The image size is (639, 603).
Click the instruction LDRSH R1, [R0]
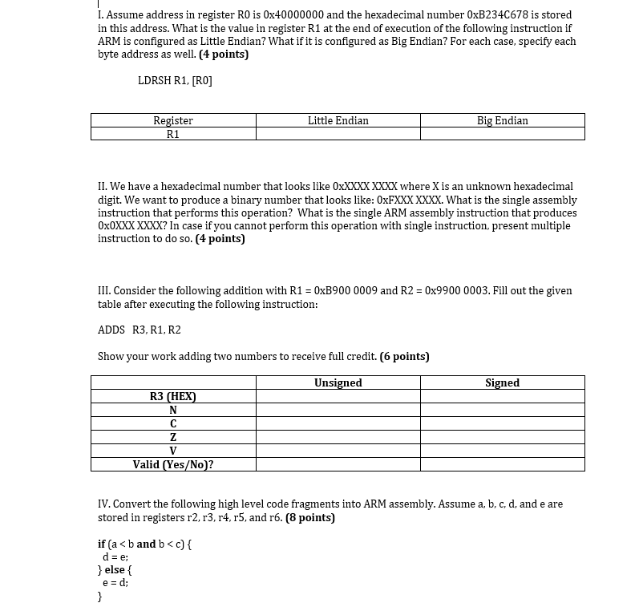(x=175, y=80)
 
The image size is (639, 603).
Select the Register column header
(x=173, y=120)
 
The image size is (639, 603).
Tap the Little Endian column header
(x=338, y=120)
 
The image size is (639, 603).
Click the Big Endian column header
(x=502, y=120)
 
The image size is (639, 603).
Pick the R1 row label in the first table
(x=173, y=134)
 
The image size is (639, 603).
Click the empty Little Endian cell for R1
(x=338, y=134)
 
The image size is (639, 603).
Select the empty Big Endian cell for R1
(x=502, y=134)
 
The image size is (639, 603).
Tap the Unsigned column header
(x=338, y=382)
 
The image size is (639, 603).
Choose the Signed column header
(x=502, y=382)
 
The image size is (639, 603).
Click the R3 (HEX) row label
(x=173, y=396)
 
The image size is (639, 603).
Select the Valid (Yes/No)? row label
(x=173, y=464)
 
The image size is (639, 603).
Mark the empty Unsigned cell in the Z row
(x=338, y=437)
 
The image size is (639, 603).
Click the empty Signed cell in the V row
(x=502, y=451)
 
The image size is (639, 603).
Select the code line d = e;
(x=115, y=556)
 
